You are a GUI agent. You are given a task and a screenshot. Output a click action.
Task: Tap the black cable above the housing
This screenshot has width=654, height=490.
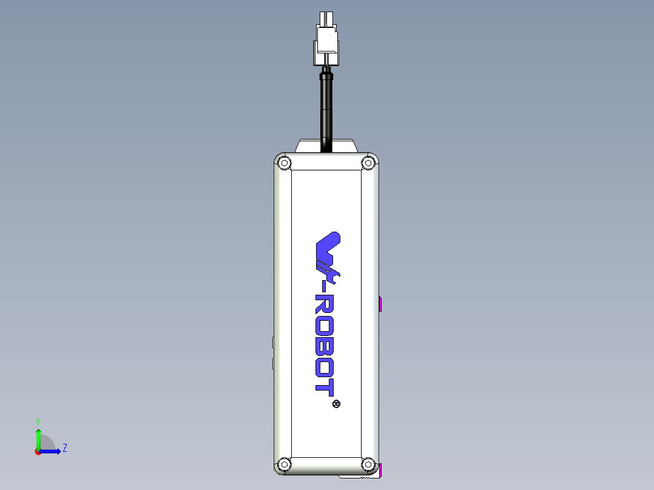(x=326, y=109)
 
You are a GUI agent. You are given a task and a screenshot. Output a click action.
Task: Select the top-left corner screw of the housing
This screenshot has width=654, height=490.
(x=283, y=163)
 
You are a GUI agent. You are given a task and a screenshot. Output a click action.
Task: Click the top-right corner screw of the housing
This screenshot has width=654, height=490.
(x=368, y=163)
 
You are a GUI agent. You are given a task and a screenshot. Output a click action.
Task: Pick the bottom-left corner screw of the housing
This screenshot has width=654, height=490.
(x=283, y=465)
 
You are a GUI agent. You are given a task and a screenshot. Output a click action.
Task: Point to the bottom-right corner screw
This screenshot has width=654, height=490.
(x=368, y=465)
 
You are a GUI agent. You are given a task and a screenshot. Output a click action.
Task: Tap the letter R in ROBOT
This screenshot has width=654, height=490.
(x=326, y=306)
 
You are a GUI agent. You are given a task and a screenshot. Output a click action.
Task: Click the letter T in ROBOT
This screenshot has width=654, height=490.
(x=326, y=386)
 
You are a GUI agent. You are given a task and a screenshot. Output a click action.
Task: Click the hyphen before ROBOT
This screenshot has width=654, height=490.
(x=328, y=283)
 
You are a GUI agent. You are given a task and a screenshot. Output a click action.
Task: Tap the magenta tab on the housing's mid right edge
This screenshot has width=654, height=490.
(x=380, y=304)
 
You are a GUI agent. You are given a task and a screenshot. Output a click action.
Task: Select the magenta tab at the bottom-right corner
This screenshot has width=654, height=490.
(x=380, y=469)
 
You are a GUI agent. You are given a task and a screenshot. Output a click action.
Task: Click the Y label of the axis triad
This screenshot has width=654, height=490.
(x=38, y=421)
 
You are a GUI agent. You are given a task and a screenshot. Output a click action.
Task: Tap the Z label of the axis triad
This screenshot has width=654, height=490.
(x=64, y=448)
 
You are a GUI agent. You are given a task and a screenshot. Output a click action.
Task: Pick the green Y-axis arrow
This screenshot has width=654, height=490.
(x=38, y=438)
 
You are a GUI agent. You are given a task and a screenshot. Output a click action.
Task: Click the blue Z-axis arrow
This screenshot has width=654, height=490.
(x=52, y=451)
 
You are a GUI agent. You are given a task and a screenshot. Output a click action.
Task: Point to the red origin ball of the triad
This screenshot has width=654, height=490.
(x=38, y=452)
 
